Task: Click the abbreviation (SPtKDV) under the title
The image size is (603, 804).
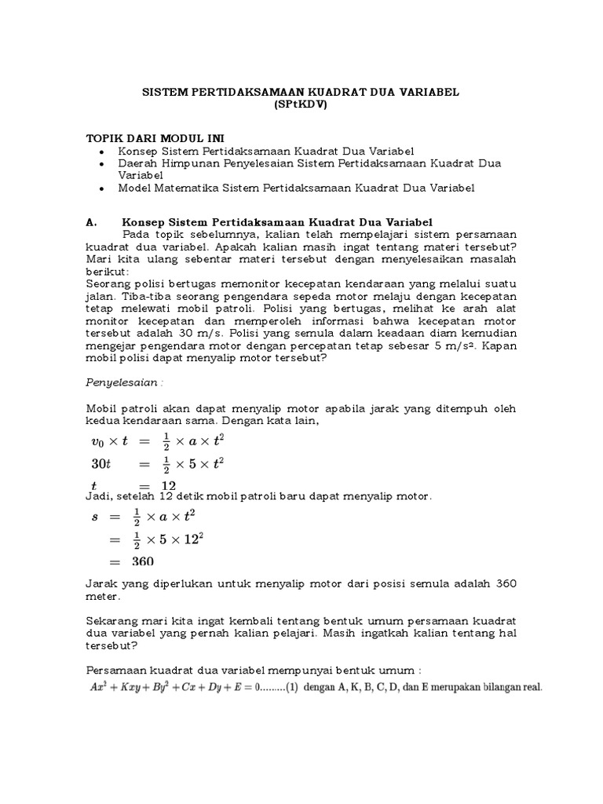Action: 301,104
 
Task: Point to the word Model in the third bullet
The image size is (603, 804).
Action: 135,188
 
